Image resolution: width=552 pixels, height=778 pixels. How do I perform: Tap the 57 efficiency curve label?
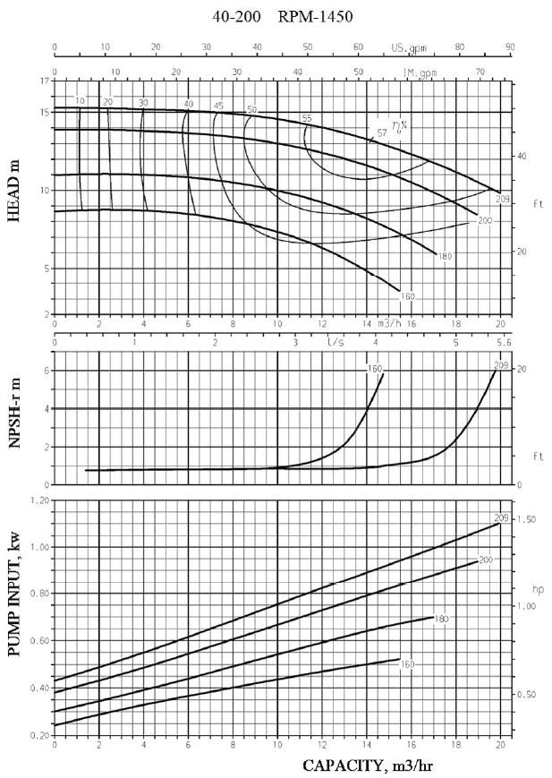382,133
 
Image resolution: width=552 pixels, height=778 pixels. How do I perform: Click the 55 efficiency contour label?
307,118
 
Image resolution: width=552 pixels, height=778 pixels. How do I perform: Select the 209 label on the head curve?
504,199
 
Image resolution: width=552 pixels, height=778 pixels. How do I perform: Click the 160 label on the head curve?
408,296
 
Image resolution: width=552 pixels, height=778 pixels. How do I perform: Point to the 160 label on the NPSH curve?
373,368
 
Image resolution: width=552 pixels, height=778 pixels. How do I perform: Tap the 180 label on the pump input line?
441,620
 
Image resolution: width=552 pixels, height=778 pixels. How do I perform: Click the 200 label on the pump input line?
486,560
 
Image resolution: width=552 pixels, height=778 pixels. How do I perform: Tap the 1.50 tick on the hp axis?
528,520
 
